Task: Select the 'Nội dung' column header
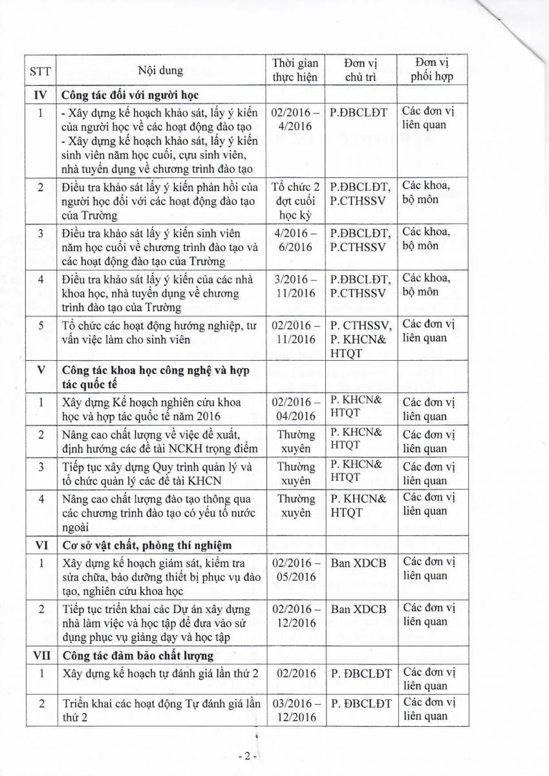point(160,70)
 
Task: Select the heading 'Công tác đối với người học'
point(129,94)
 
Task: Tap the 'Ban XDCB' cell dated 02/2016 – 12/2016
point(358,608)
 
